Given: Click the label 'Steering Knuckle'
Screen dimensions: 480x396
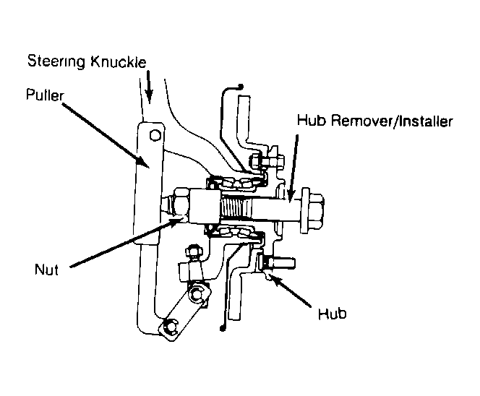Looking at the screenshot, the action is click(x=87, y=61).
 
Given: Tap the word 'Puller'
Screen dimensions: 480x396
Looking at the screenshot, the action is click(x=45, y=95).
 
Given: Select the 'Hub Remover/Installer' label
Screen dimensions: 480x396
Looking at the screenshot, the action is click(x=374, y=121).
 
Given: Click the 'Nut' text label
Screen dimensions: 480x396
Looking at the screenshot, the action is click(x=46, y=270).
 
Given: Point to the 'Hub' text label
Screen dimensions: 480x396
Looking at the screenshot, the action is click(x=332, y=314).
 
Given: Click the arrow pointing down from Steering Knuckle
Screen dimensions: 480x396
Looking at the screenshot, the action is click(x=149, y=87).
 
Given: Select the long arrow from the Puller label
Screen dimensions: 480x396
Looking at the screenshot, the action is click(x=106, y=135).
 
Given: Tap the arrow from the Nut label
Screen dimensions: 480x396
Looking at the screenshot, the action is click(x=126, y=241).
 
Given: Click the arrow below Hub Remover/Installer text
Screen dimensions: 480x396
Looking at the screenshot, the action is click(x=293, y=168).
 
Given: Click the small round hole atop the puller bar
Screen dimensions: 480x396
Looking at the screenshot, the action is click(x=155, y=135).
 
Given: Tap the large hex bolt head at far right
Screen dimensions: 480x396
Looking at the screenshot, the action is click(x=312, y=210).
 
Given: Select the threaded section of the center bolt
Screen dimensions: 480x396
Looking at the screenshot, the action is click(x=236, y=208).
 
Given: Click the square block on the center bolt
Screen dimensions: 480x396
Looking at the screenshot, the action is click(x=205, y=206).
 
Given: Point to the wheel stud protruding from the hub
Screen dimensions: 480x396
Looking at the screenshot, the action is click(x=277, y=263).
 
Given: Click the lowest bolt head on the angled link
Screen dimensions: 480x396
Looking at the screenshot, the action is click(x=170, y=326).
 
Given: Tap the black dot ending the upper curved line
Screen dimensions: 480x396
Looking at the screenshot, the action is click(x=240, y=87).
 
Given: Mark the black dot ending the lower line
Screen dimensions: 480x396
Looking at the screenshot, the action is click(x=223, y=328).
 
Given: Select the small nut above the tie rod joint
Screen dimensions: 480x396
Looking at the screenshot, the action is click(x=194, y=251).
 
